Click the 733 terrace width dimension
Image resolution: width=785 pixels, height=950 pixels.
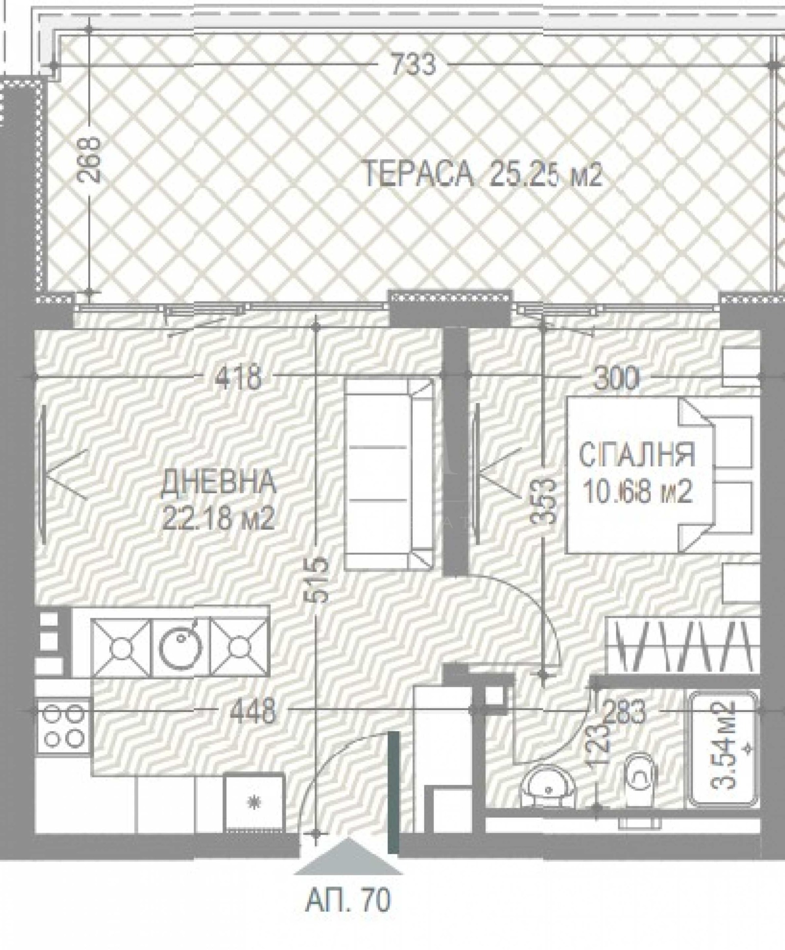(413, 65)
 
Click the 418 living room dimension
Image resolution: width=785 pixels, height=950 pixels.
(239, 377)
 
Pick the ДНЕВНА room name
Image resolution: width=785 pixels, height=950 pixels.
(218, 482)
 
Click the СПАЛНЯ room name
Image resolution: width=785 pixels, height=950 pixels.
(636, 454)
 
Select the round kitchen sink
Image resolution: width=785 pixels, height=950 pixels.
(182, 648)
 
